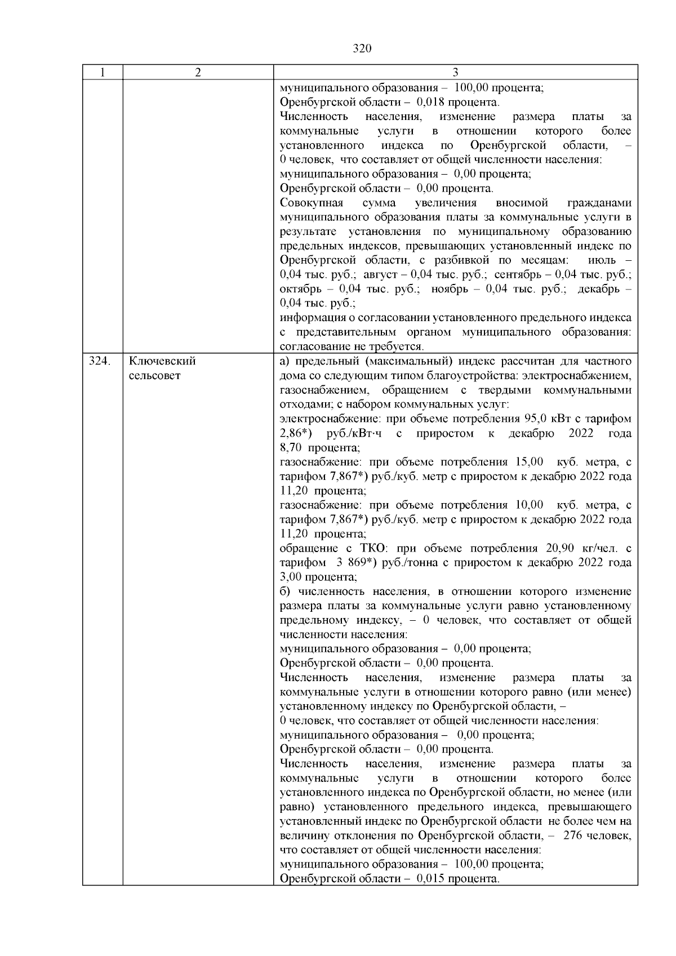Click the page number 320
pyautogui.click(x=362, y=48)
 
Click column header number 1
pyautogui.click(x=103, y=73)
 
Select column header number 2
pyautogui.click(x=198, y=73)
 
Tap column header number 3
pyautogui.click(x=455, y=73)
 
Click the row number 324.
pyautogui.click(x=99, y=361)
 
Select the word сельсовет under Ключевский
pyautogui.click(x=155, y=376)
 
